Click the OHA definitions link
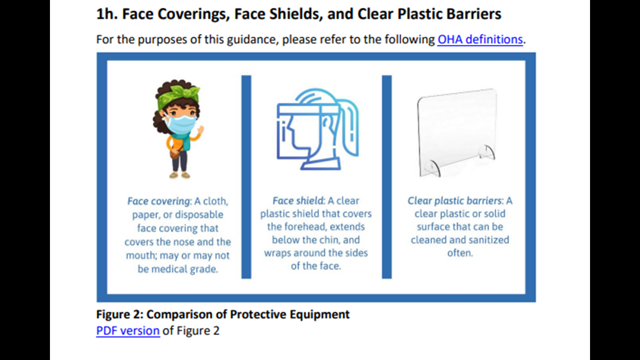pos(480,39)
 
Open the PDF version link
pos(128,331)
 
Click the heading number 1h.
pos(107,14)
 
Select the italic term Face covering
pos(158,201)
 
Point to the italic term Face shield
pos(298,201)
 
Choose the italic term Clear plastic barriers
pos(454,201)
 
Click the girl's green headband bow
pos(180,92)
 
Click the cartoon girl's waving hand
pos(200,131)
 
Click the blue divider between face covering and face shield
pos(246,177)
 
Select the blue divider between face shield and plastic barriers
pos(387,177)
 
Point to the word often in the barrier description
pos(460,253)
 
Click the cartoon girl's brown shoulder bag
pos(176,152)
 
